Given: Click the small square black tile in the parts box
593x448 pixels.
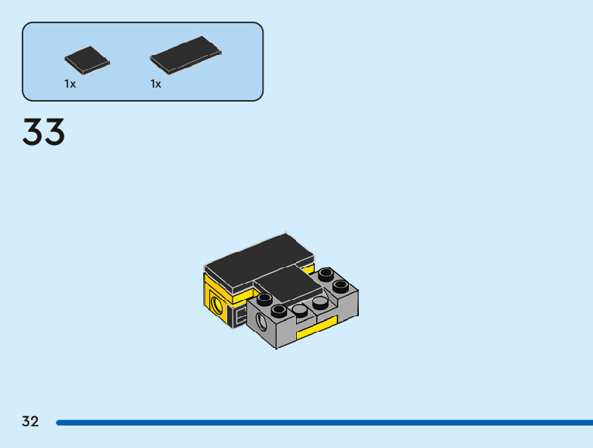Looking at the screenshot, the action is (x=87, y=60).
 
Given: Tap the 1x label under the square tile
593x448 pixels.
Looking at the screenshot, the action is (x=71, y=84).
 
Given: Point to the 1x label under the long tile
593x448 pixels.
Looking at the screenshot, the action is (x=156, y=84).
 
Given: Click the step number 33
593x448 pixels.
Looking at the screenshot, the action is (x=43, y=133).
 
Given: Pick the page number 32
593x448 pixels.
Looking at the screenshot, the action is (x=30, y=422).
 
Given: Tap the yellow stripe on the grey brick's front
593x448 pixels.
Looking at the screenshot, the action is (x=316, y=328).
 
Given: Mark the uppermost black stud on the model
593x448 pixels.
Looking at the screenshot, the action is (x=326, y=274).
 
